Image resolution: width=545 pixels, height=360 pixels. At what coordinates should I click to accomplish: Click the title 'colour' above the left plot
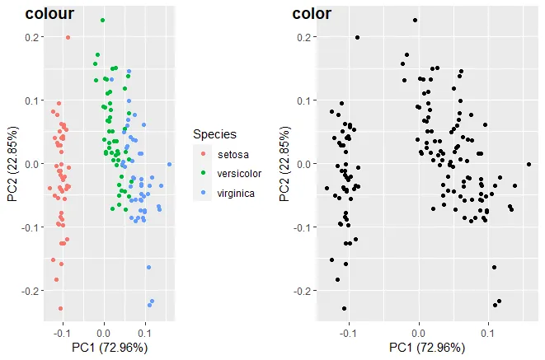click(x=49, y=13)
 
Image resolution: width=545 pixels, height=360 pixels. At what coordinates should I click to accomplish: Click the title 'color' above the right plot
click(x=312, y=13)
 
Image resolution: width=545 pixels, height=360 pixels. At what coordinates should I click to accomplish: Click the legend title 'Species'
click(x=215, y=133)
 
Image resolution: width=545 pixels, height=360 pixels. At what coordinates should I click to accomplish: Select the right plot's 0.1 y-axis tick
click(x=305, y=101)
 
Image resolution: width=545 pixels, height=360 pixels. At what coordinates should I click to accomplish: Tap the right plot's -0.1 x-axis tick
click(x=347, y=334)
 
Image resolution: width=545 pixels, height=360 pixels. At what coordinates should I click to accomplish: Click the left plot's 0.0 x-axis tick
click(x=103, y=334)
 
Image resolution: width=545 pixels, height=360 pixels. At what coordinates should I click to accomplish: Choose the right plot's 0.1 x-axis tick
click(x=487, y=334)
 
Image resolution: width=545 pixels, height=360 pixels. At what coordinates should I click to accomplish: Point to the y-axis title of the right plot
click(x=284, y=163)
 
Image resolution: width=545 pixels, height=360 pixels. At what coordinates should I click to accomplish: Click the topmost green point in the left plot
click(x=102, y=20)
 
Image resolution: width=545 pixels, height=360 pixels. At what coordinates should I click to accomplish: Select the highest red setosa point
click(x=68, y=37)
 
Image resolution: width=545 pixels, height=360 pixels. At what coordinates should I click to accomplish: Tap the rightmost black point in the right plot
click(x=529, y=164)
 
